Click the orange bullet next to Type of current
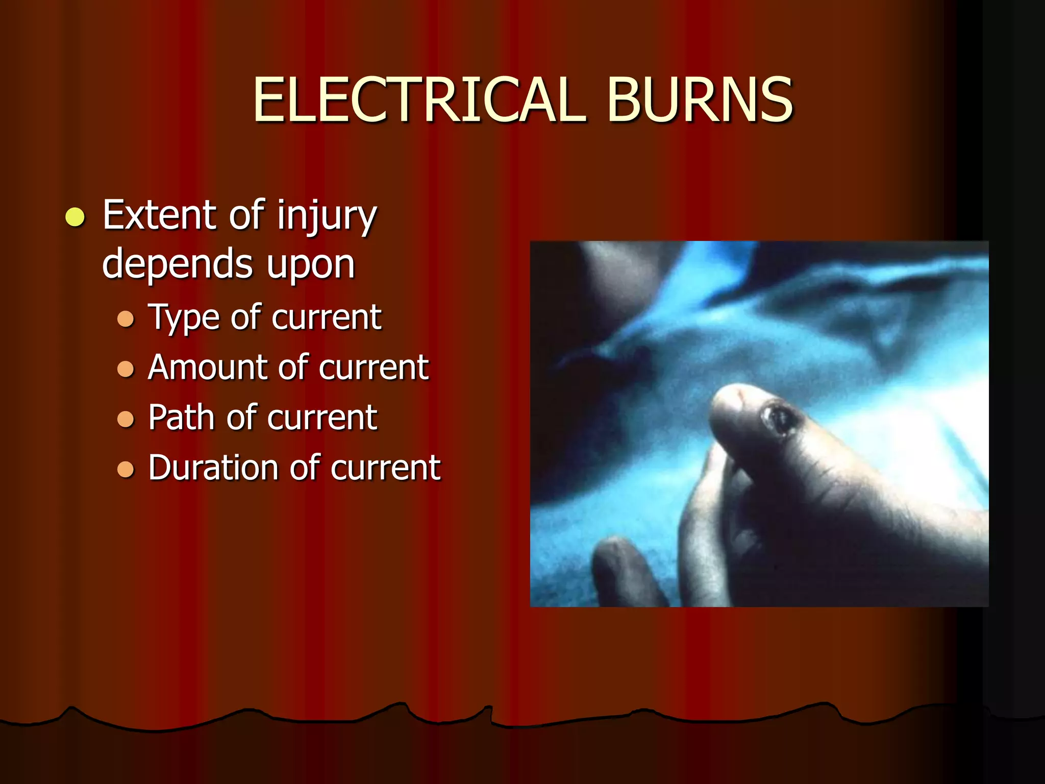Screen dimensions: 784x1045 [126, 319]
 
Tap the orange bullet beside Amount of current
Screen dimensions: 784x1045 [126, 369]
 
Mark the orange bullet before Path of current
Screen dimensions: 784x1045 [126, 419]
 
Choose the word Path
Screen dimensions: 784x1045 [182, 418]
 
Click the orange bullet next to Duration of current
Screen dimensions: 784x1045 [126, 469]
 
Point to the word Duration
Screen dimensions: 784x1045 [214, 468]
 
